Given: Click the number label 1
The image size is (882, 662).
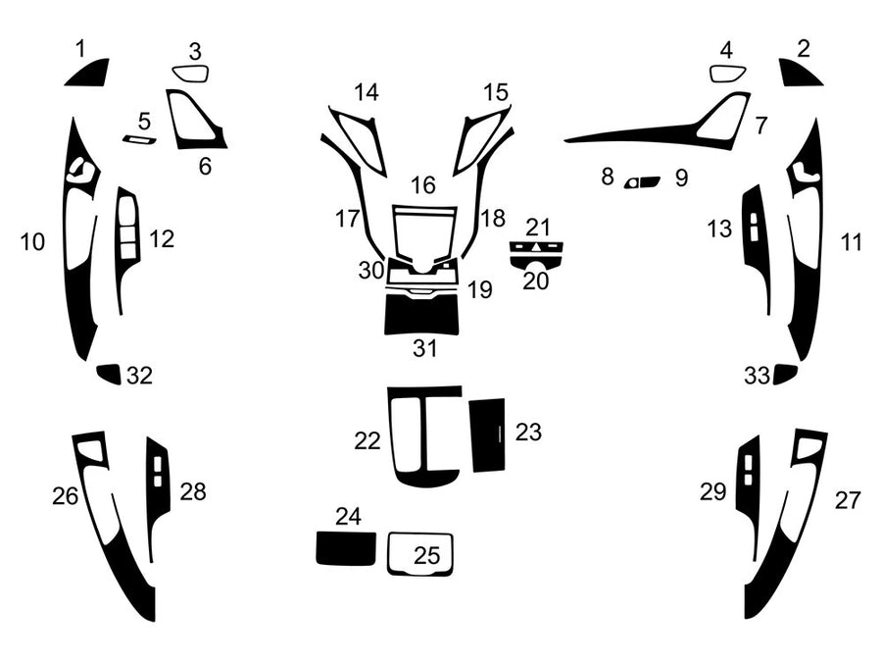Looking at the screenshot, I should [80, 47].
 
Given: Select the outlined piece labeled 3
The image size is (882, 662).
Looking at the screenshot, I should [191, 74].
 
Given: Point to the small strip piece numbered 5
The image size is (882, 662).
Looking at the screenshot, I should [139, 140].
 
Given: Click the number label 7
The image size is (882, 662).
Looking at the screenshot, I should [761, 126].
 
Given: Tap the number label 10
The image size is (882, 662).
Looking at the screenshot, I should [32, 241].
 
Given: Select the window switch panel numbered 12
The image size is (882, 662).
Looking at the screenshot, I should [127, 235].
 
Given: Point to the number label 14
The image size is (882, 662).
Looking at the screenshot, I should [367, 93].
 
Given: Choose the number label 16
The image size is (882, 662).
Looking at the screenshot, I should [422, 184].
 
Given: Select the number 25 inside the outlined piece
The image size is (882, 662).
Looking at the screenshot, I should [426, 555].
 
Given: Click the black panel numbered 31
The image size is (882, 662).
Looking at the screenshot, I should [422, 314].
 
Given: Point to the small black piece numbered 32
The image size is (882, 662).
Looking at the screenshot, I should [109, 374].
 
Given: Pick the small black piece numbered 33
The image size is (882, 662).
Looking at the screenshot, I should [784, 374].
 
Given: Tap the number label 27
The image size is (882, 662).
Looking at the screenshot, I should [848, 500].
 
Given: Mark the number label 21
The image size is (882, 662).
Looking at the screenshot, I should [538, 227].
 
